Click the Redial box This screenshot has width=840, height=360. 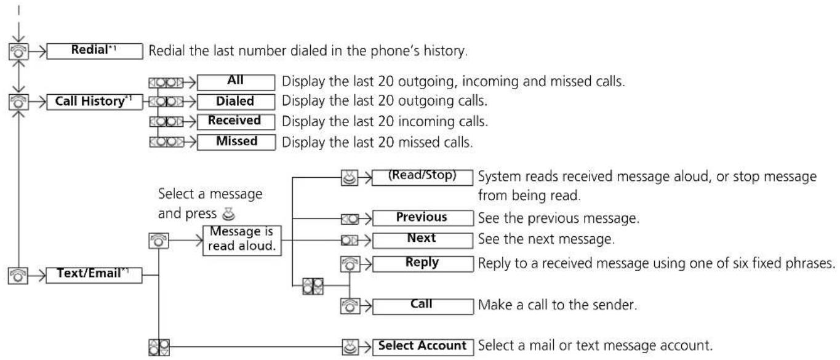[x=95, y=51]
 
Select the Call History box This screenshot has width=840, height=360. [x=95, y=102]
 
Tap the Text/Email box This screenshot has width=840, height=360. [x=94, y=275]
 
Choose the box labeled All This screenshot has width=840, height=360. [x=236, y=82]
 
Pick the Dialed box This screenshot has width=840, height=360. [x=236, y=102]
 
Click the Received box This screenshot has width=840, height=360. [x=236, y=122]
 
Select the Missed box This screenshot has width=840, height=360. [x=236, y=143]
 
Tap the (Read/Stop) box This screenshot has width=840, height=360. [x=422, y=178]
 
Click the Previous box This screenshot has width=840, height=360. [x=423, y=218]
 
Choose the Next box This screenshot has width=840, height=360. [x=423, y=241]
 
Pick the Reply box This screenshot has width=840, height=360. [x=423, y=264]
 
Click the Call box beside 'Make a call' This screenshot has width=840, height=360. [x=423, y=306]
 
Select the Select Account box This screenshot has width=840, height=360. [x=423, y=347]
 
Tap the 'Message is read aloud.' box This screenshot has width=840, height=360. [x=242, y=241]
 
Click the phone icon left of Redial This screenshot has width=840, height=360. [x=18, y=51]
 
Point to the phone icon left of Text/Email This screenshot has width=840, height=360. [x=18, y=276]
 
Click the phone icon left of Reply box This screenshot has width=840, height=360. [x=350, y=264]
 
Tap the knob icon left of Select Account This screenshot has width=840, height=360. [x=350, y=347]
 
